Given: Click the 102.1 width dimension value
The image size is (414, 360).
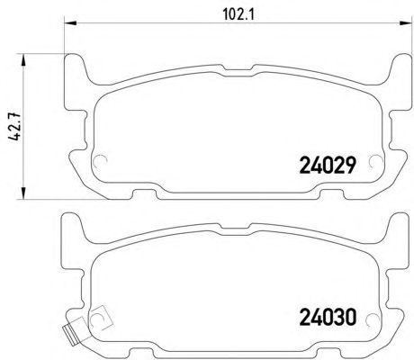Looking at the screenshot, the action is tap(238, 14).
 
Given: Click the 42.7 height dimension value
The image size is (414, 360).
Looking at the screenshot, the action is tap(14, 126).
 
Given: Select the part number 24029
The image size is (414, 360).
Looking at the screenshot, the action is tap(328, 166).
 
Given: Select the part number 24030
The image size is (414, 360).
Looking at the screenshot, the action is tap(328, 318).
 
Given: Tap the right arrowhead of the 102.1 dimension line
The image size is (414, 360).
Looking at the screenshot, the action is tap(406, 22).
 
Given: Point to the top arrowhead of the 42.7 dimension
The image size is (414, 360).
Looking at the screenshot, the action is tap(22, 60).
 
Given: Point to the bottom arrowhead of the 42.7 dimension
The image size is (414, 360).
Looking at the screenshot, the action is tap(22, 193).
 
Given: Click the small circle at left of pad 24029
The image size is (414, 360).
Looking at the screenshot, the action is tap(100, 162).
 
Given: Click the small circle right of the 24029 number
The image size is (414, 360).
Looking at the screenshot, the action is tap(376, 162).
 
